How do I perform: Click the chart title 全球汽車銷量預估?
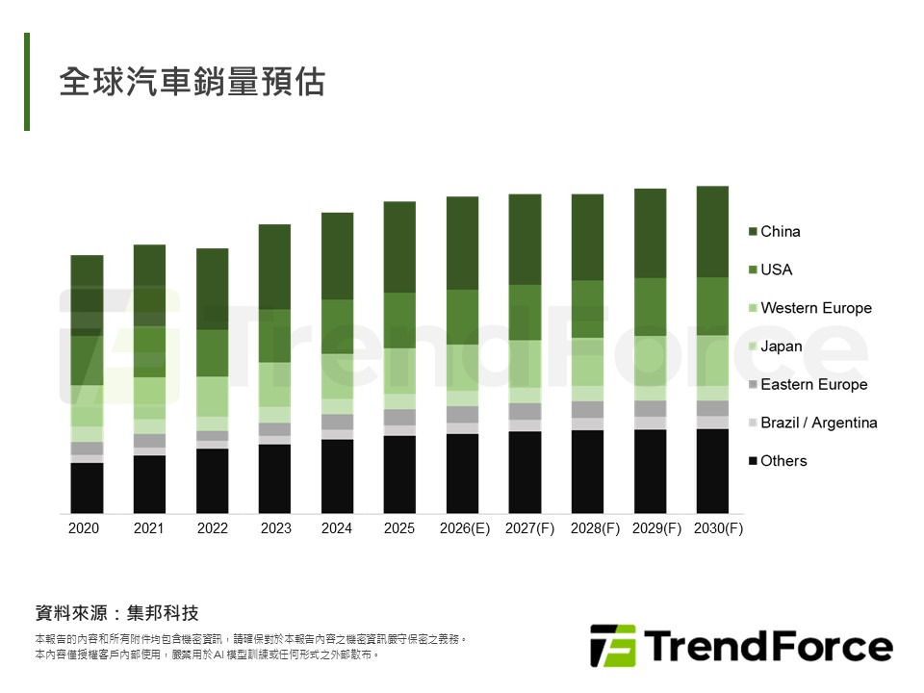[x=192, y=82]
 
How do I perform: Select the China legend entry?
[x=780, y=231]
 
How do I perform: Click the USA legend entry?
[x=776, y=269]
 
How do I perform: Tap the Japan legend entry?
[x=781, y=346]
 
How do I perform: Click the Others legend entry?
[x=783, y=461]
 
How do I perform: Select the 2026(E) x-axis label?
[x=464, y=528]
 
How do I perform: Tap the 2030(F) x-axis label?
[x=718, y=528]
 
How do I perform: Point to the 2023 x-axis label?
[x=275, y=528]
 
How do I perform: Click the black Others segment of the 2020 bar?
[x=87, y=487]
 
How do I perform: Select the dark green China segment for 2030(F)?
[x=712, y=231]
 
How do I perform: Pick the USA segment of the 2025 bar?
[x=399, y=320]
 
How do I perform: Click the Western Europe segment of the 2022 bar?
[x=212, y=397]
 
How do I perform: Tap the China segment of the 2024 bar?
[x=337, y=255]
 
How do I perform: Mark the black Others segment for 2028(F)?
[x=587, y=471]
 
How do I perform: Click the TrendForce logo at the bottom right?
[x=741, y=646]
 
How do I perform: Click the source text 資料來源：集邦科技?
[x=116, y=613]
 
